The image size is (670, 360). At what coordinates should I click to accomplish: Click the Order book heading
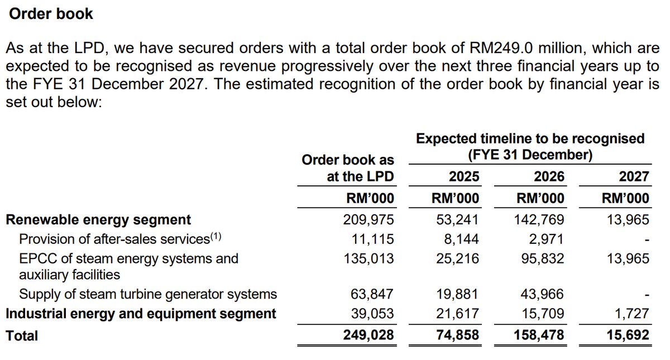coord(50,14)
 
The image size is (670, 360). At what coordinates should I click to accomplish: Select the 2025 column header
coord(464,177)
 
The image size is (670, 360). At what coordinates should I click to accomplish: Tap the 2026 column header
coord(549,177)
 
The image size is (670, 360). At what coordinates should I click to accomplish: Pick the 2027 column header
coord(634,177)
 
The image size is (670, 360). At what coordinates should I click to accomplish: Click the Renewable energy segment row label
coord(98,220)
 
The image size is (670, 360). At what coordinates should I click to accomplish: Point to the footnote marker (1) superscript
coord(216,236)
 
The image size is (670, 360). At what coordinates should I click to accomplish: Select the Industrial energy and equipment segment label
coord(141,314)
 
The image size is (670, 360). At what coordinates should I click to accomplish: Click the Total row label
coord(22,335)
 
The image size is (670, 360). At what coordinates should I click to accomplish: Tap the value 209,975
coord(368,220)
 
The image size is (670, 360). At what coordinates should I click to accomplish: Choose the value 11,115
coord(373,239)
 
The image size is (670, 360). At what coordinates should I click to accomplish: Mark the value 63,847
coord(373,294)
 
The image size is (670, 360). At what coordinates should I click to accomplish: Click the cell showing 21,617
coord(458,314)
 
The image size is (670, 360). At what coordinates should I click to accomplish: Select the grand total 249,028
coord(368,335)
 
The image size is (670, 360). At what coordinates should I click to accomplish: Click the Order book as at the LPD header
coord(347,169)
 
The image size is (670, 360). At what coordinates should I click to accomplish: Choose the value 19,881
coord(458,294)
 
